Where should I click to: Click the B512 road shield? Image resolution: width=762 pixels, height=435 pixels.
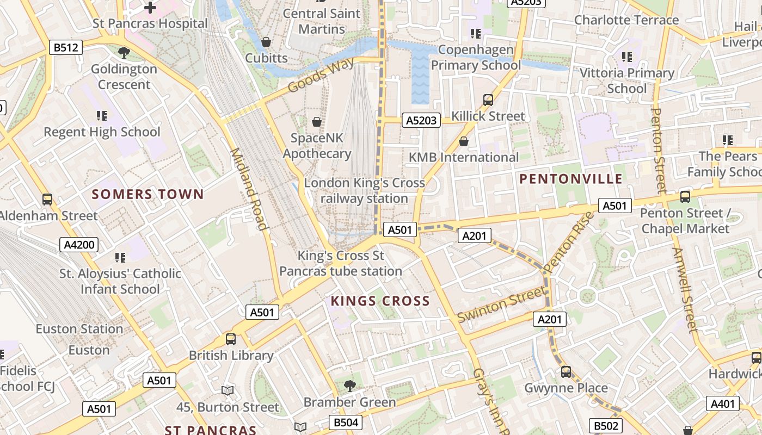(65, 47)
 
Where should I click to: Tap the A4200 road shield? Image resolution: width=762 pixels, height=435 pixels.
(79, 245)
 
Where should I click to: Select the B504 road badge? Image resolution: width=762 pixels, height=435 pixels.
(346, 422)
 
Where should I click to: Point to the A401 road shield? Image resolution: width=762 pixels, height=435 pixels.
(723, 403)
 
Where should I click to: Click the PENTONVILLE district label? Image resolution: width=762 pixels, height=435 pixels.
(570, 179)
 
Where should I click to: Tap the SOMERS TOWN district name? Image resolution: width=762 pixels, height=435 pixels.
(148, 194)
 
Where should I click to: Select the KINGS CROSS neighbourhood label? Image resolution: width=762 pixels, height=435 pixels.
(380, 301)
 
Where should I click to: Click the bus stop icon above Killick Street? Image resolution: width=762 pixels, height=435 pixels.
(488, 100)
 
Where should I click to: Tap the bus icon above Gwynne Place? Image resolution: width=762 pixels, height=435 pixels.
(566, 372)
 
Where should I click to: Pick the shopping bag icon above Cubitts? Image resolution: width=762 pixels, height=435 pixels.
(266, 42)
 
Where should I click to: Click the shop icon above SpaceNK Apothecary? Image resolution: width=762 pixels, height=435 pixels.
(316, 122)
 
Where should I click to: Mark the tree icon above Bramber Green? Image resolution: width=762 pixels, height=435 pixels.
(349, 386)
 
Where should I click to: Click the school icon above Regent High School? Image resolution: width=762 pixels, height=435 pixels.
(102, 116)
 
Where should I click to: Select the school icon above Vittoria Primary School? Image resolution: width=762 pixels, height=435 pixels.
(627, 57)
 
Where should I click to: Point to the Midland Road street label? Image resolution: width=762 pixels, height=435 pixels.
(248, 189)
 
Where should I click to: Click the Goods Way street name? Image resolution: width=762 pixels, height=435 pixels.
(321, 76)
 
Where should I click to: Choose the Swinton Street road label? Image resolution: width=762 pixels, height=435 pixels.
(501, 306)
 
